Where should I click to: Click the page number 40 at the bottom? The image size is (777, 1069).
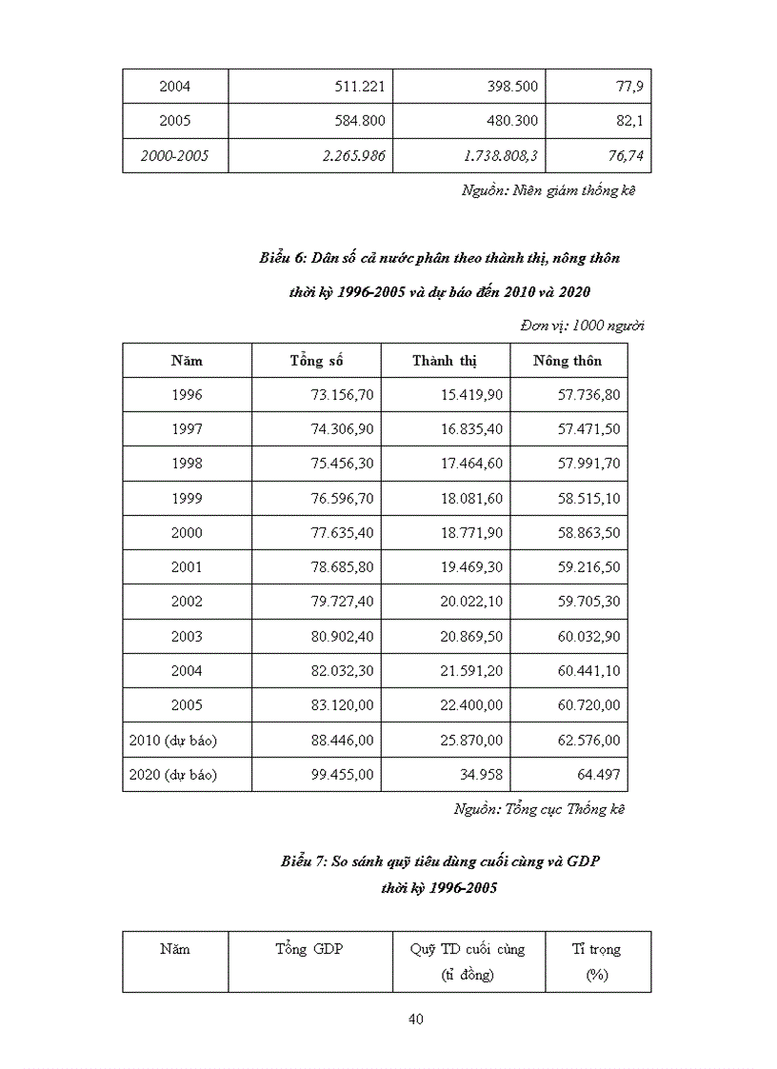(x=415, y=1019)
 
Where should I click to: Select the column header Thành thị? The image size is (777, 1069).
(x=445, y=361)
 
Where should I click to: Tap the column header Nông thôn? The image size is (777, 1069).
(x=567, y=361)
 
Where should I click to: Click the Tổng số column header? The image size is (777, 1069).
(x=316, y=361)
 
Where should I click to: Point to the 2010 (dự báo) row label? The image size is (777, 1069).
(x=173, y=740)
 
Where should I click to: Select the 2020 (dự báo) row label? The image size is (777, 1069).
(x=173, y=774)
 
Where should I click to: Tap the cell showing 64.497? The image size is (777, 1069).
(x=600, y=774)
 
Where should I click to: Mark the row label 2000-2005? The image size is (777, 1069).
(x=174, y=156)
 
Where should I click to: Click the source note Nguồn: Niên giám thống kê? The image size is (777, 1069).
(x=548, y=190)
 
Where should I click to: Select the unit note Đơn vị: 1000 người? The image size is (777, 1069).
(x=583, y=326)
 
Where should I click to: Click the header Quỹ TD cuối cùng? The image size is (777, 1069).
(x=468, y=949)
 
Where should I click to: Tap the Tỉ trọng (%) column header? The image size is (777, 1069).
(x=596, y=961)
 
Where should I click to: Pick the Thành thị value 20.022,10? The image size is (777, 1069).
(x=468, y=602)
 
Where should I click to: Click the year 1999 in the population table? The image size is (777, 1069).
(x=187, y=499)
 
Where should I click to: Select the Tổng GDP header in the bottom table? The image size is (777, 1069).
(x=309, y=949)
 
